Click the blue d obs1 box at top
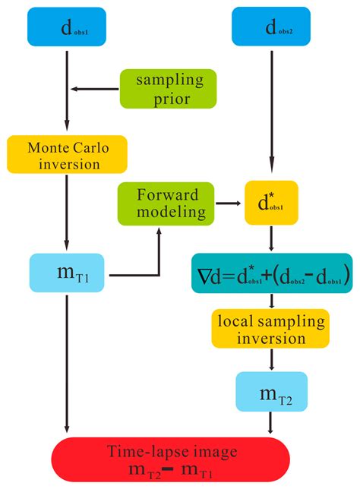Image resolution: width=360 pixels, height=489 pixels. (68, 29)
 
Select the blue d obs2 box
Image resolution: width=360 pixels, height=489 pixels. (271, 29)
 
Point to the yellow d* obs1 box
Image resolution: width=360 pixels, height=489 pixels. (270, 203)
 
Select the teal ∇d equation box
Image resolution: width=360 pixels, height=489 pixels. (271, 274)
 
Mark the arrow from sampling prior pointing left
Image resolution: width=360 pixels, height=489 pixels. (95, 89)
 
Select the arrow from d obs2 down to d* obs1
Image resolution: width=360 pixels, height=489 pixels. (270, 114)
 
